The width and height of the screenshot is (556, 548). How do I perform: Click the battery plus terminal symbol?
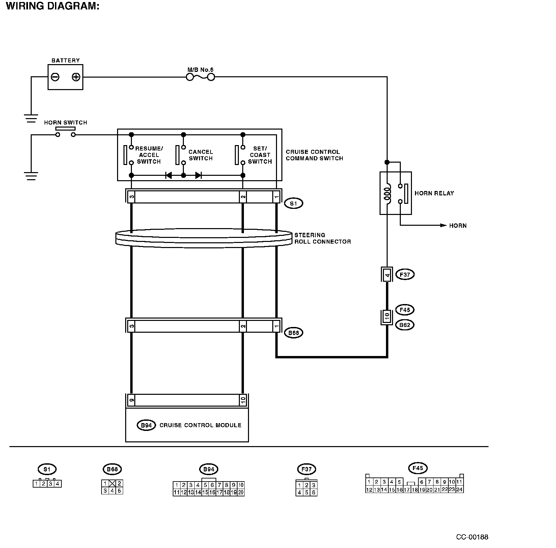pyautogui.click(x=76, y=77)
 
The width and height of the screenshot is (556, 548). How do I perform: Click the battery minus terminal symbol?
pyautogui.click(x=55, y=77)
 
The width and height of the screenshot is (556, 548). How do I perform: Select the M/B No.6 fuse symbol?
pyautogui.click(x=200, y=77)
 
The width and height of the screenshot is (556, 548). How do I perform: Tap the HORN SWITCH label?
pyautogui.click(x=65, y=122)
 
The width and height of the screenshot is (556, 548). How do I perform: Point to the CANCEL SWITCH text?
pyautogui.click(x=201, y=155)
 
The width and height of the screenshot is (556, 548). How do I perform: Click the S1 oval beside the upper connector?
pyautogui.click(x=294, y=203)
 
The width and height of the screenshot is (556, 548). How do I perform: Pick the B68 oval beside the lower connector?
pyautogui.click(x=294, y=333)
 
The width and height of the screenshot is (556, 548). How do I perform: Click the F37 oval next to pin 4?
pyautogui.click(x=405, y=275)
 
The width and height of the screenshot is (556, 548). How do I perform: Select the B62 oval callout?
pyautogui.click(x=405, y=325)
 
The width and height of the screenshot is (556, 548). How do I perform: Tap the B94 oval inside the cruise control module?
pyautogui.click(x=146, y=425)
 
